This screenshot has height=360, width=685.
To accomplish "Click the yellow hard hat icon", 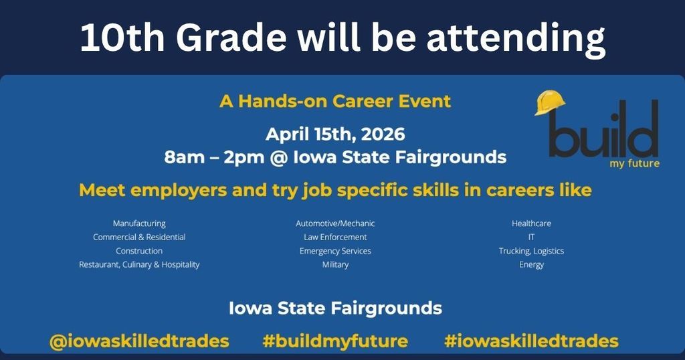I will [x=550, y=103].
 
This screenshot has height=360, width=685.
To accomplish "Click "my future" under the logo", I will [x=634, y=163].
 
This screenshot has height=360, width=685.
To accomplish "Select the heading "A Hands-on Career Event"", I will [x=335, y=102].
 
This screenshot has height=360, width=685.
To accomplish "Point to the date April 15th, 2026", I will [x=335, y=134].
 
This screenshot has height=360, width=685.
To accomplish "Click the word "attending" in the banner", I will [x=515, y=39].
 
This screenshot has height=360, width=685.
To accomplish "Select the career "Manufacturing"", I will [x=139, y=223].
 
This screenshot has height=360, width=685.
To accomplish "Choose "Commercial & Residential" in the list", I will [x=139, y=237].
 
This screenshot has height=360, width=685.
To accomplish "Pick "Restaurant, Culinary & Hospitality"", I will [x=139, y=264].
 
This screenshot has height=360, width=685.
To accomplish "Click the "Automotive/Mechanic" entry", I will [x=335, y=223].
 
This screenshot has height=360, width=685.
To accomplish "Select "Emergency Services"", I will [x=335, y=251].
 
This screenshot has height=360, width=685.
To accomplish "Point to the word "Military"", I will [x=335, y=264].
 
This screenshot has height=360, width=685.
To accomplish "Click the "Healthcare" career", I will [x=531, y=223].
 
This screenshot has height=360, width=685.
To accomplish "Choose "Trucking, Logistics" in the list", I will [x=531, y=251].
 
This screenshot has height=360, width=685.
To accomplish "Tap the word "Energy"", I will [x=531, y=264].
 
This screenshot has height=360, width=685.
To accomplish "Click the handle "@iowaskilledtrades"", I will [x=139, y=341].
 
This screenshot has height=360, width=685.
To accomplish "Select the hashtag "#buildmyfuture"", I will [x=335, y=341].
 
